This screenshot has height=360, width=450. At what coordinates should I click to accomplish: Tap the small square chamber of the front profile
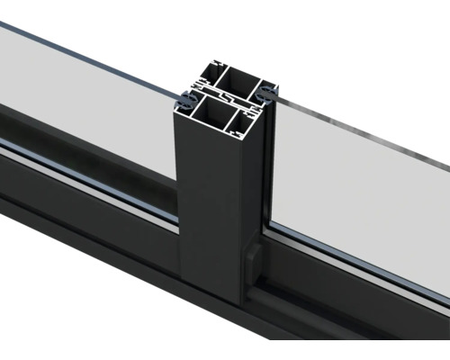tap(246, 117)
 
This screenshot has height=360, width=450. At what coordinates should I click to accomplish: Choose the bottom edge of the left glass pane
tap(90, 180)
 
